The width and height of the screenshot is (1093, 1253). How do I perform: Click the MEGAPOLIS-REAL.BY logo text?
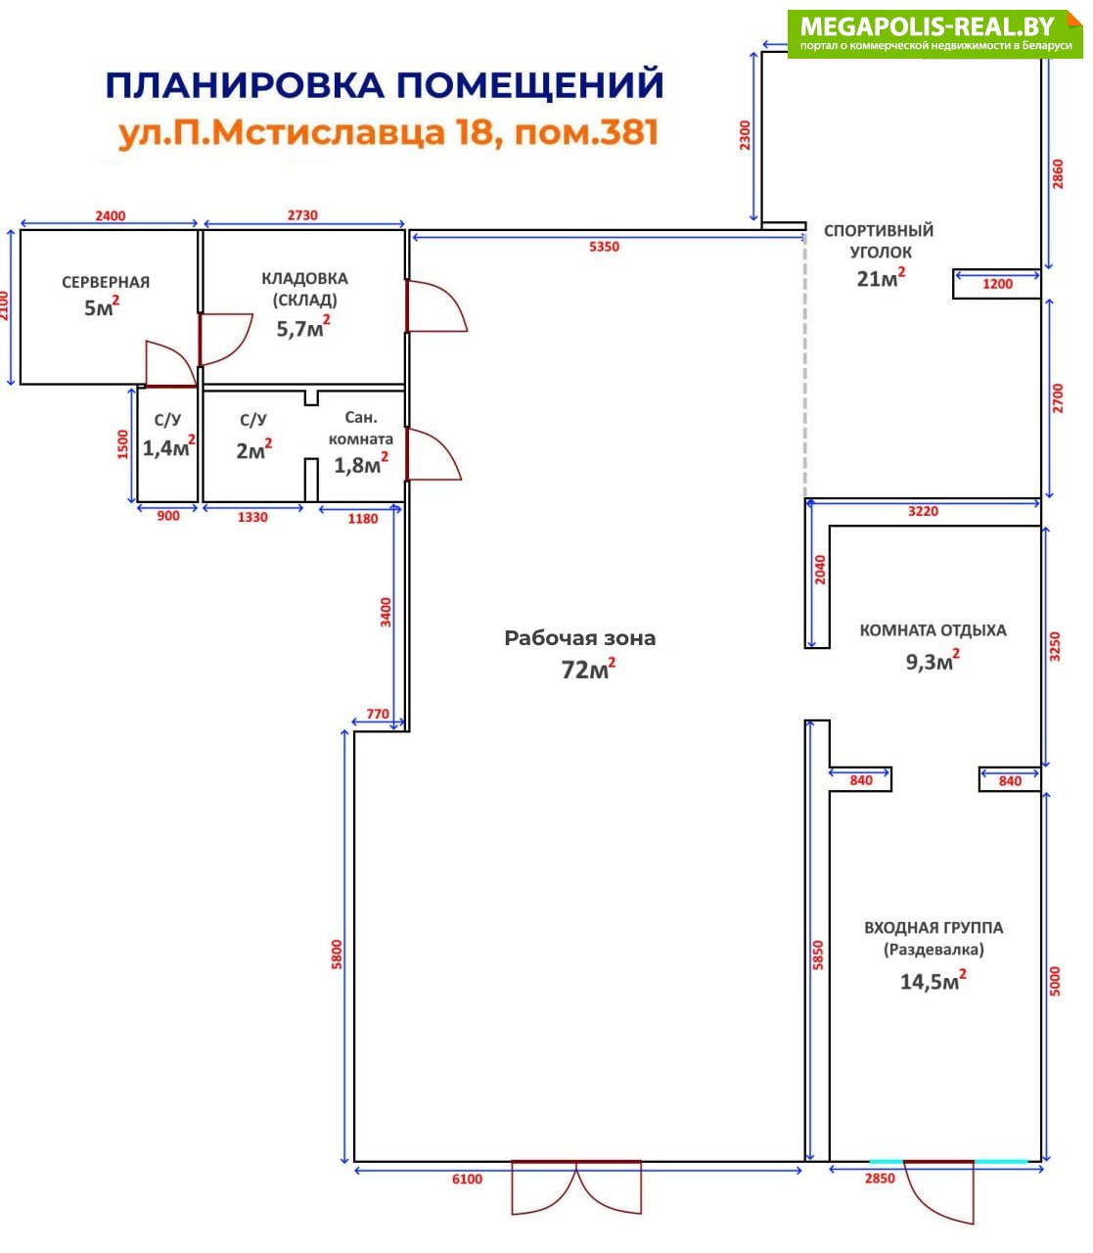(x=927, y=27)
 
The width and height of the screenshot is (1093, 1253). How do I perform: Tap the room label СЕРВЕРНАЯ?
(x=106, y=282)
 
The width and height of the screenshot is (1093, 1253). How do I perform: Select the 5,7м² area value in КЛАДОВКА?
(x=303, y=328)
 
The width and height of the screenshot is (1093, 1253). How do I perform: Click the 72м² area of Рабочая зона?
(x=588, y=669)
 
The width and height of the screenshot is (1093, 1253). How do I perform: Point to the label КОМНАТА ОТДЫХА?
(x=933, y=630)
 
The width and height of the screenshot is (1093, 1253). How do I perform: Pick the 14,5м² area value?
(x=933, y=981)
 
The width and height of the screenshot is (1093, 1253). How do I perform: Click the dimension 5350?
(x=604, y=247)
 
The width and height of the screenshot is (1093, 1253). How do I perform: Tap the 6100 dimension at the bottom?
(x=467, y=1179)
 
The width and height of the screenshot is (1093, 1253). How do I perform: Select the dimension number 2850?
(x=880, y=1178)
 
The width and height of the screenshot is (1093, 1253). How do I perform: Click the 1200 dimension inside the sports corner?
(x=997, y=284)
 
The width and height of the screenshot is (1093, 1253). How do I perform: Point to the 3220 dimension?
(x=923, y=511)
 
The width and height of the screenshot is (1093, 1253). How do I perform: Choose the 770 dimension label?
(x=378, y=714)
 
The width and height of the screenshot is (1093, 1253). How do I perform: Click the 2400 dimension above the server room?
(x=111, y=216)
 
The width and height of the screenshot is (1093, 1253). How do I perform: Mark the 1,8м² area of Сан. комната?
(x=361, y=465)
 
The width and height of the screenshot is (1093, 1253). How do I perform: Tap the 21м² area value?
(x=881, y=278)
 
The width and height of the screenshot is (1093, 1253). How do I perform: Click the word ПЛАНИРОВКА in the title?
(x=245, y=85)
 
